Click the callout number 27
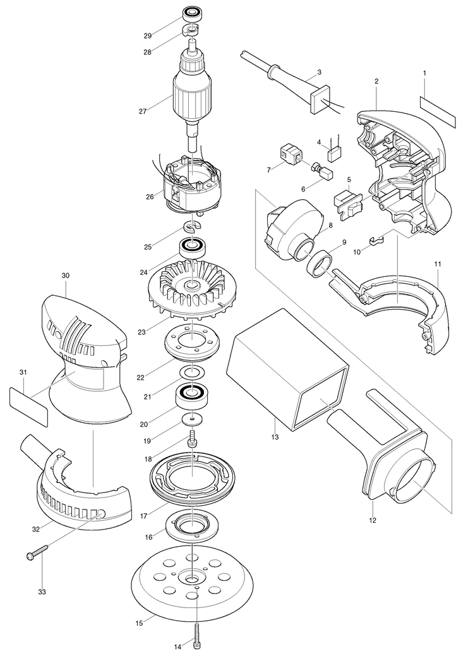coord(143,111)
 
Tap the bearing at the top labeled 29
coord(191,14)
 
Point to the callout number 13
coord(275,437)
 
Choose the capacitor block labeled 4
coord(334,154)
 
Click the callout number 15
coord(140,623)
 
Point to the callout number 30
coord(66,276)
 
